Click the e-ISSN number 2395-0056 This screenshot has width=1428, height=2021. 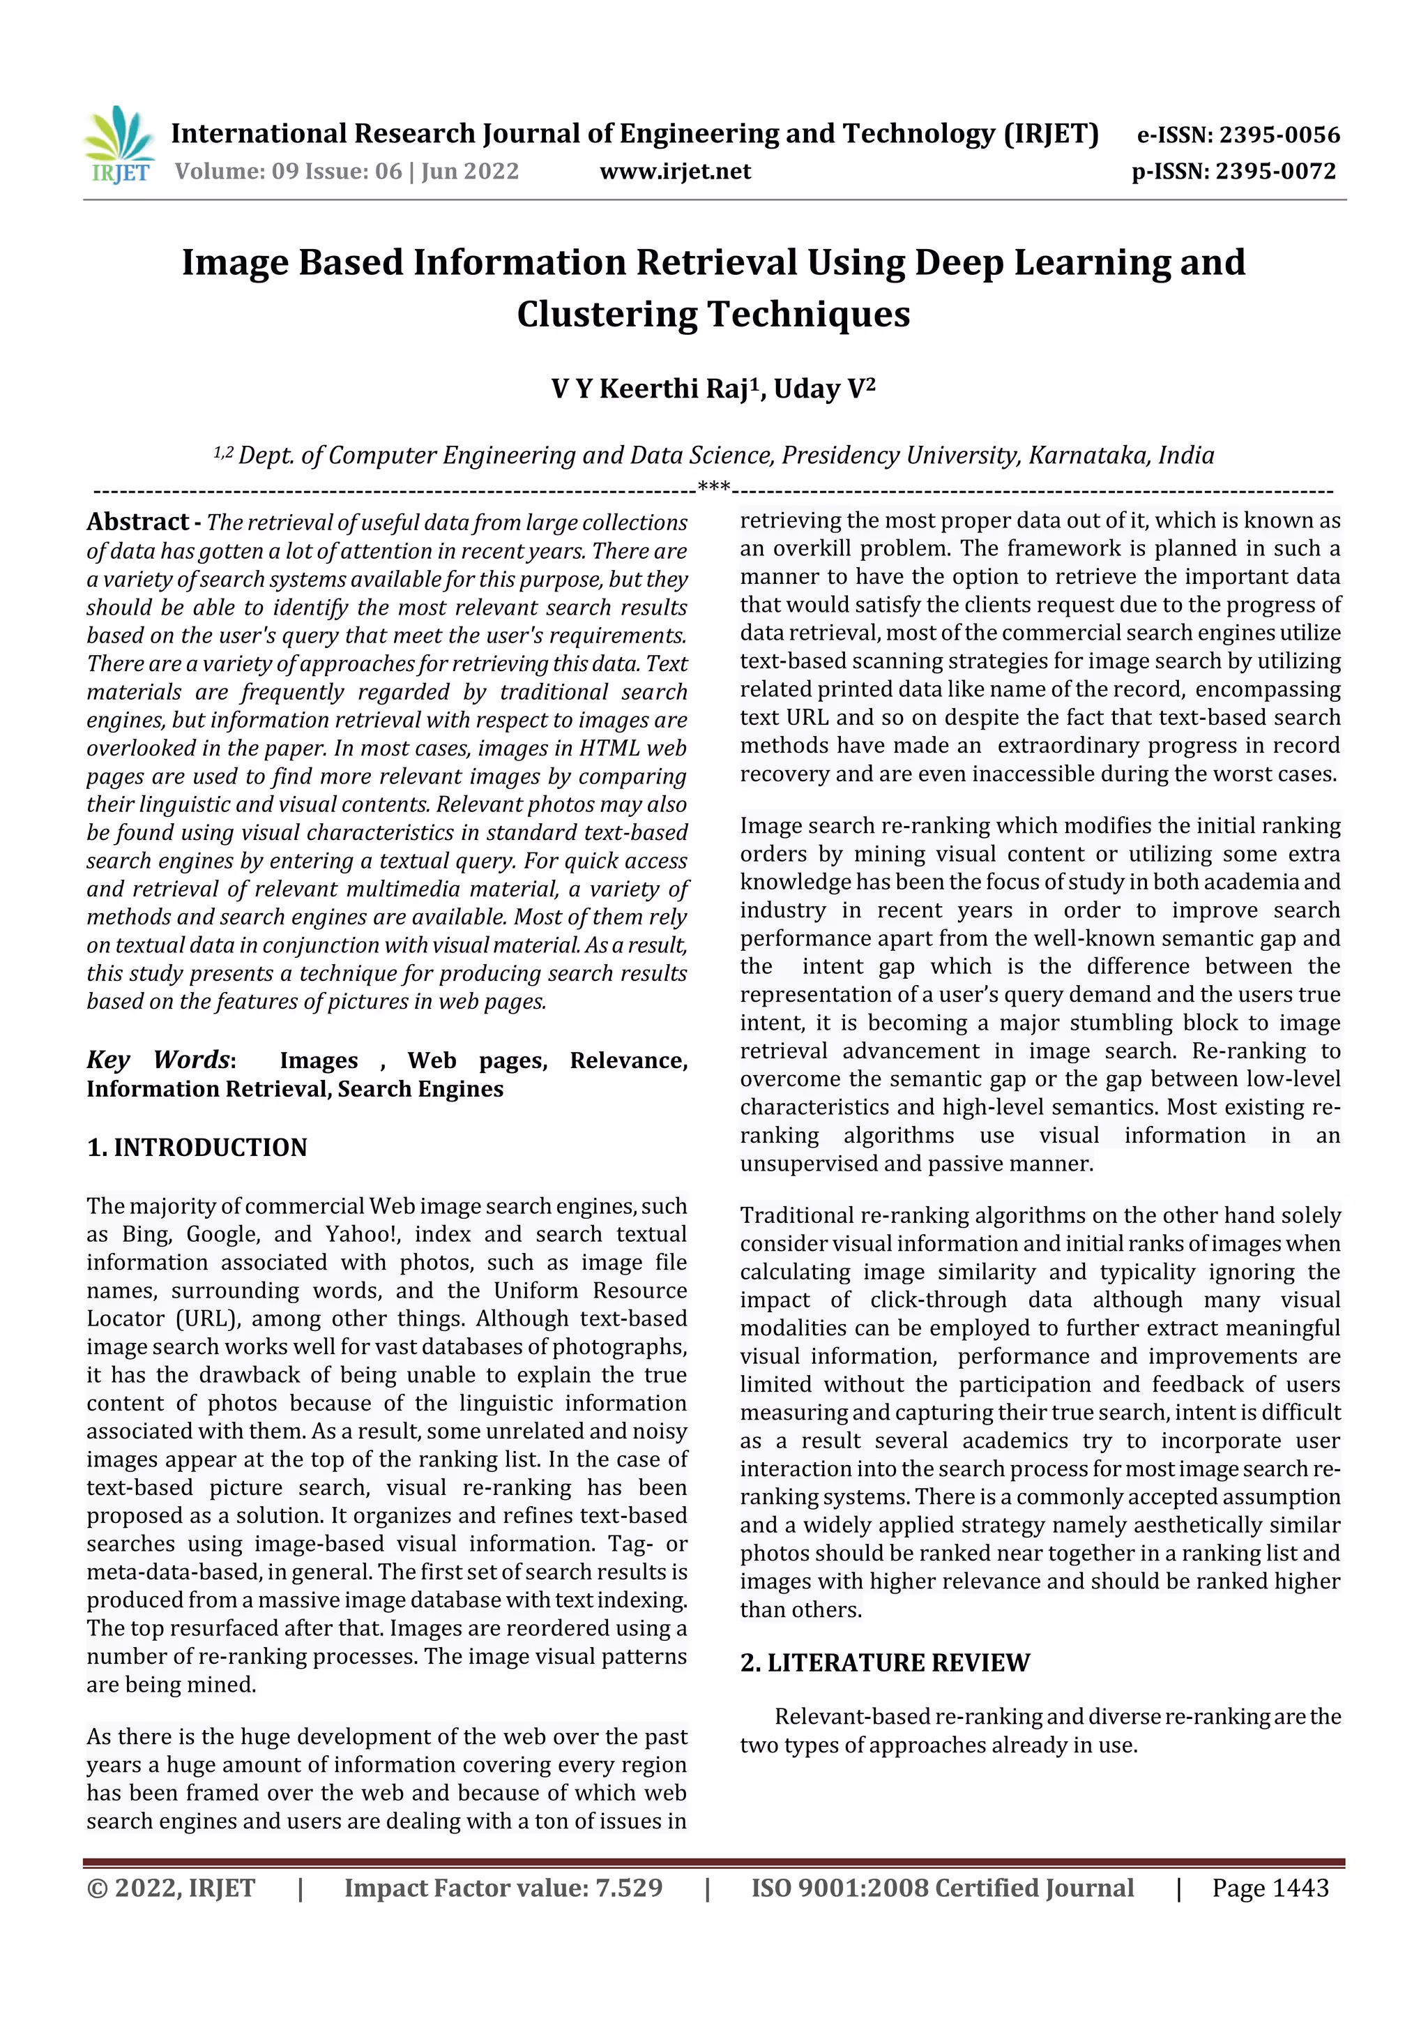click(1279, 135)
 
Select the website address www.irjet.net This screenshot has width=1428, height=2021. click(675, 171)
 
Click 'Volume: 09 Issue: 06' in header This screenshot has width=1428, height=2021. click(288, 171)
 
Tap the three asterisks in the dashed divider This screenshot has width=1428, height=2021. click(713, 487)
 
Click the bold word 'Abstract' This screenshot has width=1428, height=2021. click(137, 522)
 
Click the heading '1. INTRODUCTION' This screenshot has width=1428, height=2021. click(197, 1148)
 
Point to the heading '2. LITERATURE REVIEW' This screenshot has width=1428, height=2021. click(884, 1662)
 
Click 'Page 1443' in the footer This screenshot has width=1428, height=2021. click(1270, 1888)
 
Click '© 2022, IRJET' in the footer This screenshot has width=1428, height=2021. click(171, 1888)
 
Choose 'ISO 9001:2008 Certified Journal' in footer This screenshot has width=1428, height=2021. click(942, 1888)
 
